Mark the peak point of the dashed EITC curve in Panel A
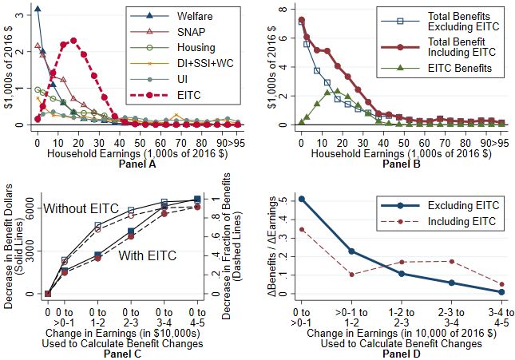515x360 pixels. coord(73,40)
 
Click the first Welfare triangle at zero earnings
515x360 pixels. coord(38,8)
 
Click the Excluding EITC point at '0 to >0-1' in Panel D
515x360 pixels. coord(301,199)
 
